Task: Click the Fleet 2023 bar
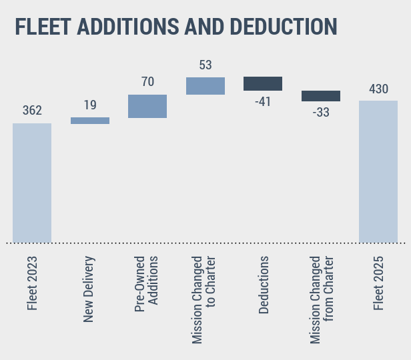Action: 32,183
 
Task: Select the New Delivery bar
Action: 90,121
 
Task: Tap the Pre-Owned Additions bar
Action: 147,106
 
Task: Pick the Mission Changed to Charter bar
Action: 205,85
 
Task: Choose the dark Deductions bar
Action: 263,83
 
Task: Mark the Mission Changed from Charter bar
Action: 321,96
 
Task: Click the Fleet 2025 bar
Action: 378,171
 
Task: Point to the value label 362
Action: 32,111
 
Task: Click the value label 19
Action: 90,105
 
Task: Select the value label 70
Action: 147,82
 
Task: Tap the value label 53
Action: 205,65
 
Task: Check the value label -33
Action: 321,113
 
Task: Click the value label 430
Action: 378,89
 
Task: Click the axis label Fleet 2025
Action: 379,284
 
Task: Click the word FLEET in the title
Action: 43,27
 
